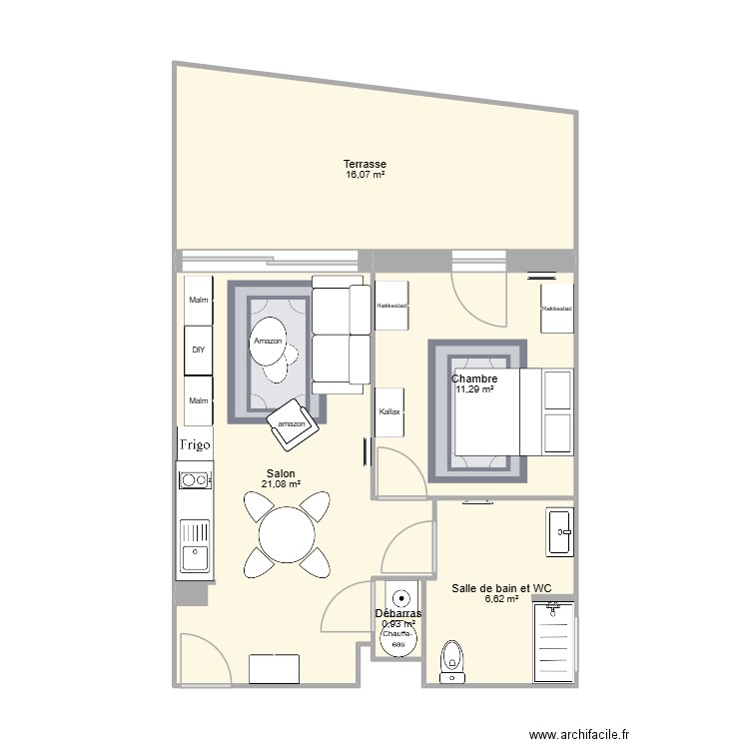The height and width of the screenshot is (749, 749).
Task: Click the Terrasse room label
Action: tap(365, 164)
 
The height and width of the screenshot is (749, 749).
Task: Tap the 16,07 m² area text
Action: tap(365, 175)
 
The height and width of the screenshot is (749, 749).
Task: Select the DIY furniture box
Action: tap(198, 351)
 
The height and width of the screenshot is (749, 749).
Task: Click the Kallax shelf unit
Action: tap(389, 411)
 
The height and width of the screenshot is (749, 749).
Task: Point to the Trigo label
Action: tap(196, 445)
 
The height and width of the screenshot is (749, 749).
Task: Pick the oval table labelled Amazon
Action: tap(269, 342)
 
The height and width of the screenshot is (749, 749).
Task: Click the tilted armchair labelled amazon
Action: tap(292, 423)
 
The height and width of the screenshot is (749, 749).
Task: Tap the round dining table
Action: tap(288, 534)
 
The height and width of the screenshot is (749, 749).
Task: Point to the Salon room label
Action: tap(281, 474)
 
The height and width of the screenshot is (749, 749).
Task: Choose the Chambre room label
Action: tap(474, 378)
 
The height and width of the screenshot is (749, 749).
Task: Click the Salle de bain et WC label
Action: tap(502, 588)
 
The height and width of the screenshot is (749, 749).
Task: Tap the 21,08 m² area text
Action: tap(281, 485)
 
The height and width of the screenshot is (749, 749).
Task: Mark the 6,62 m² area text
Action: tap(501, 599)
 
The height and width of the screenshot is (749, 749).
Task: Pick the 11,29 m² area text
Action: tap(474, 389)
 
